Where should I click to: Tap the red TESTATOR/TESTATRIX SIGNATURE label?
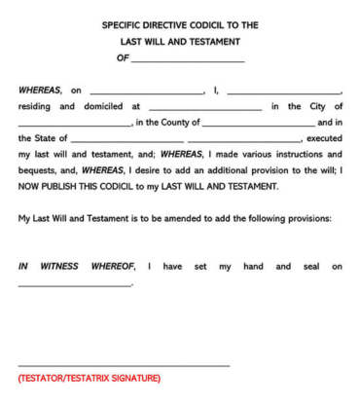(x=89, y=378)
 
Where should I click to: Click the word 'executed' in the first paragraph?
(x=324, y=138)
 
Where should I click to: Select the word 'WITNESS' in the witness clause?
(x=59, y=266)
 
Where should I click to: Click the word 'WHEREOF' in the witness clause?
(x=113, y=266)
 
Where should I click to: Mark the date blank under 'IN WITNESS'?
(x=74, y=285)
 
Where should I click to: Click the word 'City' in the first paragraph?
(x=310, y=106)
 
